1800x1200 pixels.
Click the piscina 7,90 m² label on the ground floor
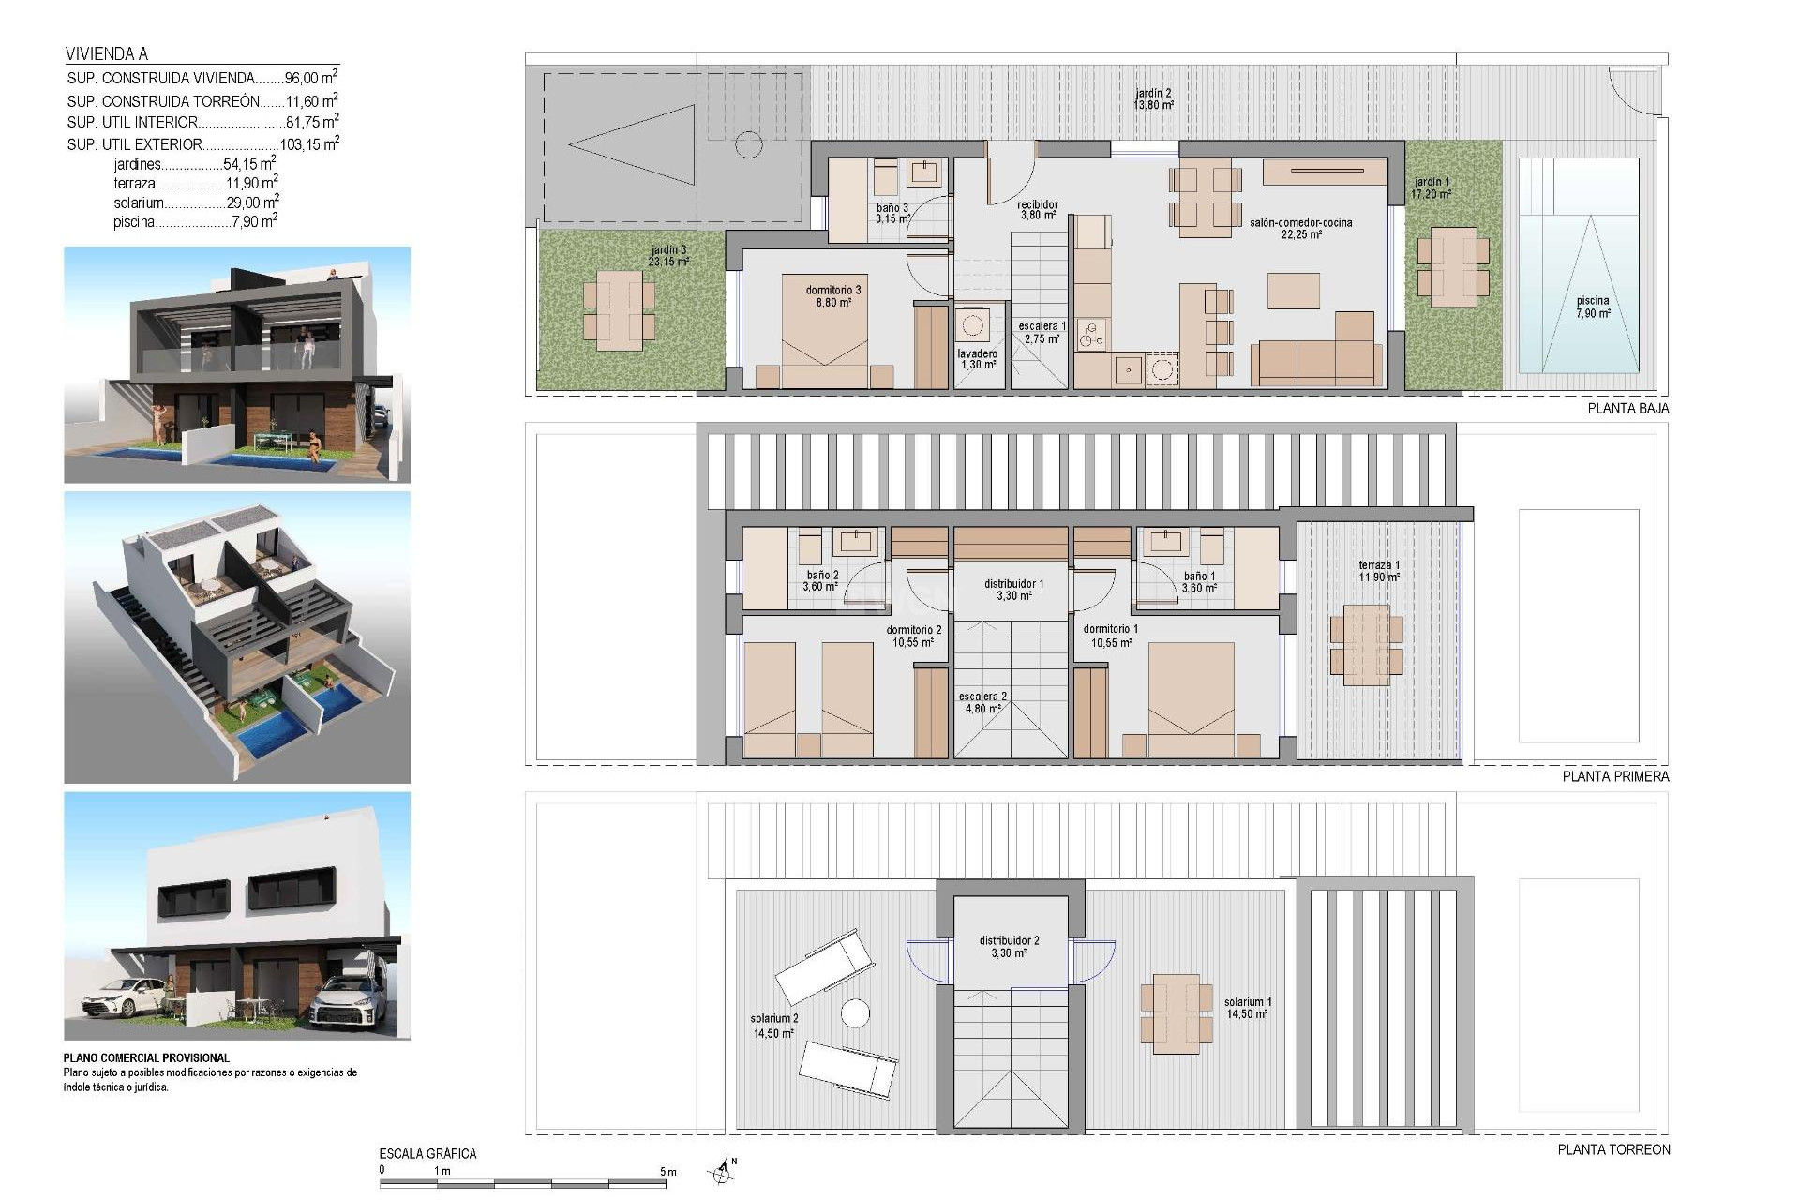tap(1592, 307)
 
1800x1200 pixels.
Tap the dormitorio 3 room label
tap(832, 296)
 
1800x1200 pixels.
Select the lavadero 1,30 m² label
tap(977, 359)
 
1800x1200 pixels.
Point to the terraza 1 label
tap(1378, 571)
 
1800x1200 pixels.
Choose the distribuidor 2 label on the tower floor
tap(1009, 946)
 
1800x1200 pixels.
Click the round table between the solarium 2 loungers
tap(854, 1013)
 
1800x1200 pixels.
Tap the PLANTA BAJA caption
tap(1627, 409)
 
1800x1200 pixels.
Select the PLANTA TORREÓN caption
tap(1613, 1149)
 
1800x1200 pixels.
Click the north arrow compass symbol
tap(721, 1170)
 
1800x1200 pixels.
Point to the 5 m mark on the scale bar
tap(667, 1172)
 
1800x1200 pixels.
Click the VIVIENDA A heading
tap(106, 54)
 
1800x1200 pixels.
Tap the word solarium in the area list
tap(139, 203)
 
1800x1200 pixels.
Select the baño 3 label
tap(892, 213)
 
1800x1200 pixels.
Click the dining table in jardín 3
tap(618, 310)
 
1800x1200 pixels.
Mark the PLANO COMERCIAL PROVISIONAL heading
tap(146, 1057)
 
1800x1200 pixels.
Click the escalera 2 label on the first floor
tap(982, 702)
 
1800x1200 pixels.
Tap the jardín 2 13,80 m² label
tap(1153, 99)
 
